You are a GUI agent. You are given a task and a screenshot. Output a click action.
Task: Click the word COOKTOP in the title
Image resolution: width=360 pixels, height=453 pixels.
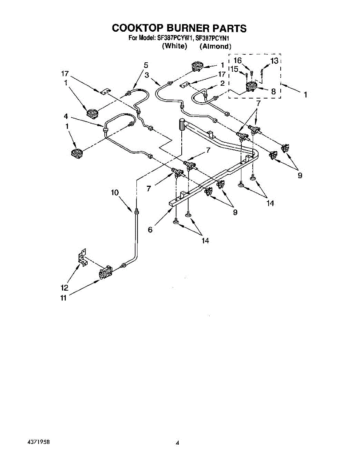pyautogui.click(x=134, y=28)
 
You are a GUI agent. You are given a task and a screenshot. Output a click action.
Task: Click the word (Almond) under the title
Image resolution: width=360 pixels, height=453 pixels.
pyautogui.click(x=215, y=46)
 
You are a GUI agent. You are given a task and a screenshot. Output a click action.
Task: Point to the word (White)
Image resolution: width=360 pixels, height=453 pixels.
pyautogui.click(x=175, y=46)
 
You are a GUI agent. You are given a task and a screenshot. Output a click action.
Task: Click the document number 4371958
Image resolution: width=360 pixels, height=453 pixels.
pyautogui.click(x=39, y=441)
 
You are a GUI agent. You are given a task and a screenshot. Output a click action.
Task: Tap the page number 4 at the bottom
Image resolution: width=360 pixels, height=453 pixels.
pyautogui.click(x=176, y=442)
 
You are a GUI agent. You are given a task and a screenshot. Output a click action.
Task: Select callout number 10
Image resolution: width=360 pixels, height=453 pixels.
pyautogui.click(x=115, y=193)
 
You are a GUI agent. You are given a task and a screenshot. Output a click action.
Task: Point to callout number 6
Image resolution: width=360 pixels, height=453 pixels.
pyautogui.click(x=150, y=230)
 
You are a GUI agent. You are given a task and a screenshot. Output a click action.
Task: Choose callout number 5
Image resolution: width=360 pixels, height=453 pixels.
pyautogui.click(x=146, y=65)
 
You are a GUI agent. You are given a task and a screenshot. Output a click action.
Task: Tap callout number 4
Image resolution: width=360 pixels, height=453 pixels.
pyautogui.click(x=66, y=117)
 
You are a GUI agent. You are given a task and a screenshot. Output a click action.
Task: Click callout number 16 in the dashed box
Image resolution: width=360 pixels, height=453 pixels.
pyautogui.click(x=237, y=60)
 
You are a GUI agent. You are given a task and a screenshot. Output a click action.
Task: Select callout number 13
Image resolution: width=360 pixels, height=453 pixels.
pyautogui.click(x=274, y=60)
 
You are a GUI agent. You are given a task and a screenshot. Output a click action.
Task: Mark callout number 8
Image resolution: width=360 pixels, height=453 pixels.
pyautogui.click(x=273, y=91)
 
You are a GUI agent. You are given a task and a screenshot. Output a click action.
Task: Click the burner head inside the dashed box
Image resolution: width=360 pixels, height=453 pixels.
pyautogui.click(x=250, y=88)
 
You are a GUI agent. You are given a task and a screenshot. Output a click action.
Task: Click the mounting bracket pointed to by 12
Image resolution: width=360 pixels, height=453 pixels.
pyautogui.click(x=82, y=257)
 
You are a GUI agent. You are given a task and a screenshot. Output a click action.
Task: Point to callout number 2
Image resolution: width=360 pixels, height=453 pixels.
pyautogui.click(x=222, y=83)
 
